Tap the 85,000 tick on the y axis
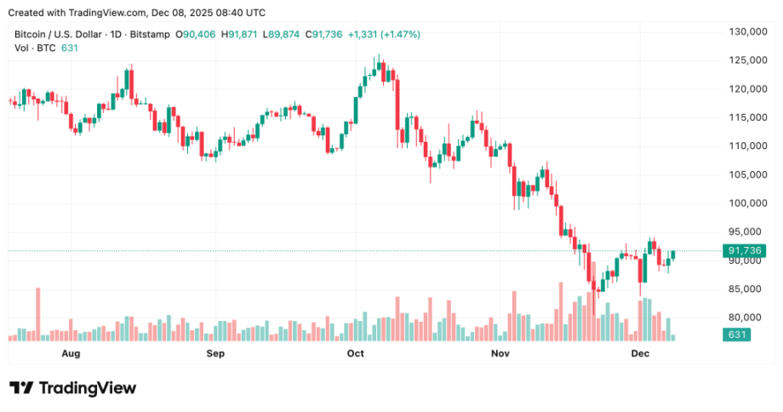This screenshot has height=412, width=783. [738, 289]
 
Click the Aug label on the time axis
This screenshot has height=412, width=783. [71, 352]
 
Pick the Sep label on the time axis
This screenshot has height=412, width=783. [215, 352]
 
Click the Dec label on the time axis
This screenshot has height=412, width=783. [640, 352]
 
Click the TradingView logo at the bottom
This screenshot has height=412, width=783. [72, 388]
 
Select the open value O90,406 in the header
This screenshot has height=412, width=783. [197, 34]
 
